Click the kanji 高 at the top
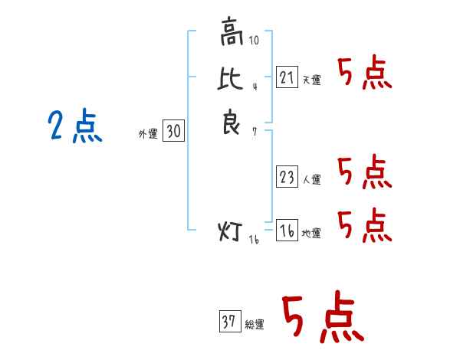232,31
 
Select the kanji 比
230,78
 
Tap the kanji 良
232,121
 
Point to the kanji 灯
230,231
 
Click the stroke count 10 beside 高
254,40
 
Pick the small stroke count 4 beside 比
255,87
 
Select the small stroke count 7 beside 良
255,132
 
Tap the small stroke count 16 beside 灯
254,240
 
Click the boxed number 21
287,77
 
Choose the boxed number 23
287,176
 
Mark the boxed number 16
287,230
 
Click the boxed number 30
174,130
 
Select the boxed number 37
230,321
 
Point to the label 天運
312,80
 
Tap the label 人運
312,179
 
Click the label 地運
311,234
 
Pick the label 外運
148,134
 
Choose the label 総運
255,325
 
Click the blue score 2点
75,126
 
